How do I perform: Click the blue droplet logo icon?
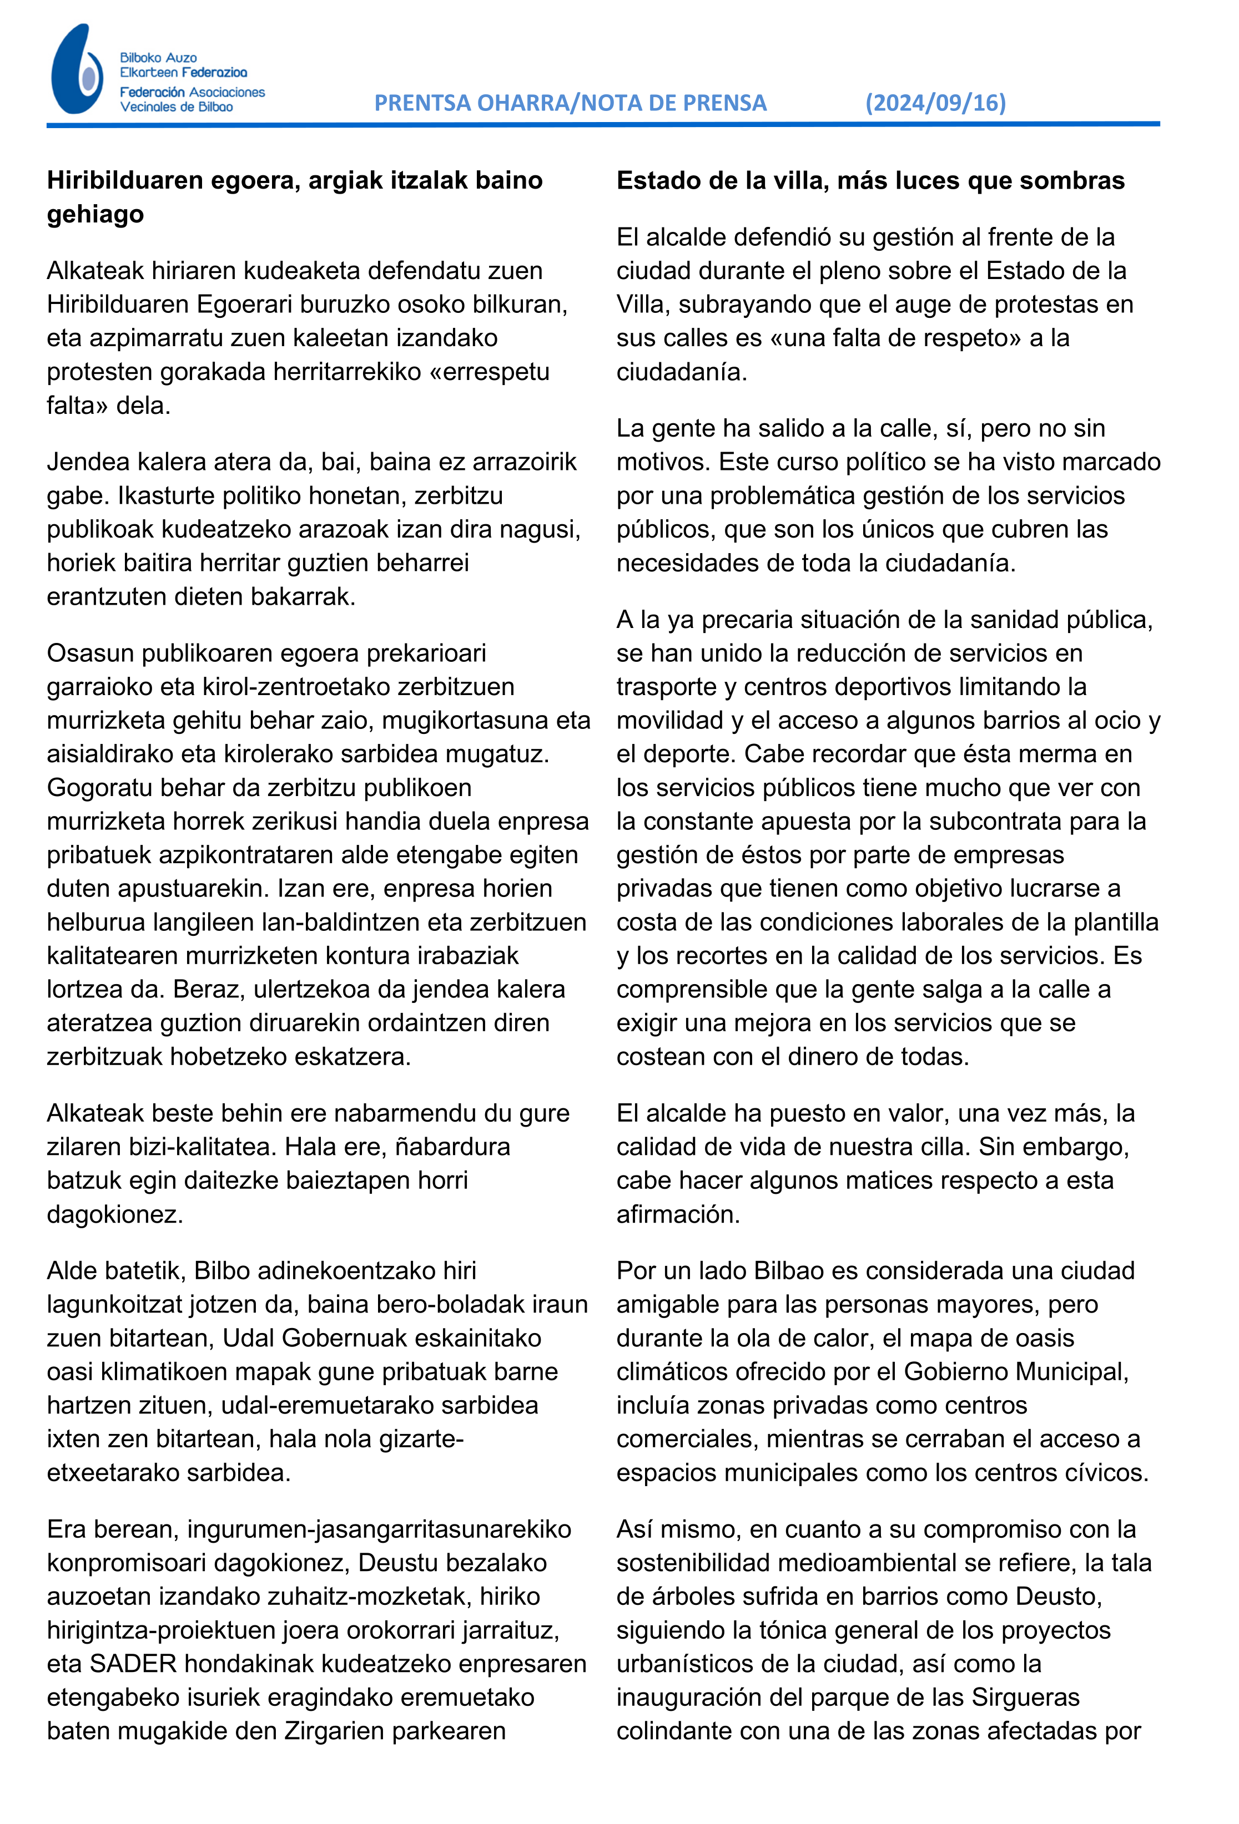coord(76,70)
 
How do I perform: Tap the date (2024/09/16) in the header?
coord(935,103)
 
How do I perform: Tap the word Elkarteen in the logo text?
coord(148,73)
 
